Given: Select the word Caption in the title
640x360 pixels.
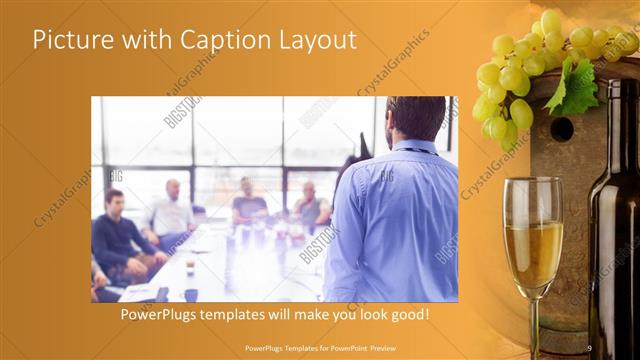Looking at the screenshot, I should (221, 40).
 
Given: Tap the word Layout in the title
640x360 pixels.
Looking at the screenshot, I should (315, 40).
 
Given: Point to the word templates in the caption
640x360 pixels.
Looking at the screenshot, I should (246, 314).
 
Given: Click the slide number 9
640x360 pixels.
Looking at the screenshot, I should (588, 347).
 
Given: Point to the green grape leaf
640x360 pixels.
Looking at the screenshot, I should (574, 86).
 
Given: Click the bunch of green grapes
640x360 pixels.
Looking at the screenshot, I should (520, 75).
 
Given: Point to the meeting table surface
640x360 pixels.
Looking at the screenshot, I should (215, 270).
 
